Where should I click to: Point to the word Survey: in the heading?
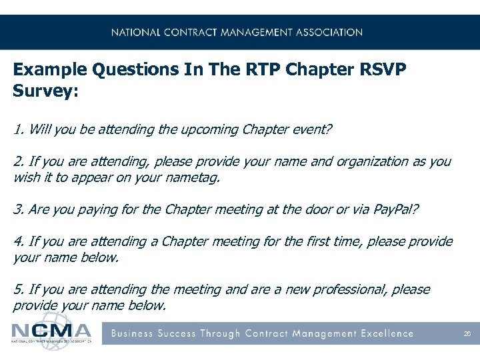(46, 91)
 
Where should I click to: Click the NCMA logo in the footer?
(52, 332)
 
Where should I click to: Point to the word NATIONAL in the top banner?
(136, 32)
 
